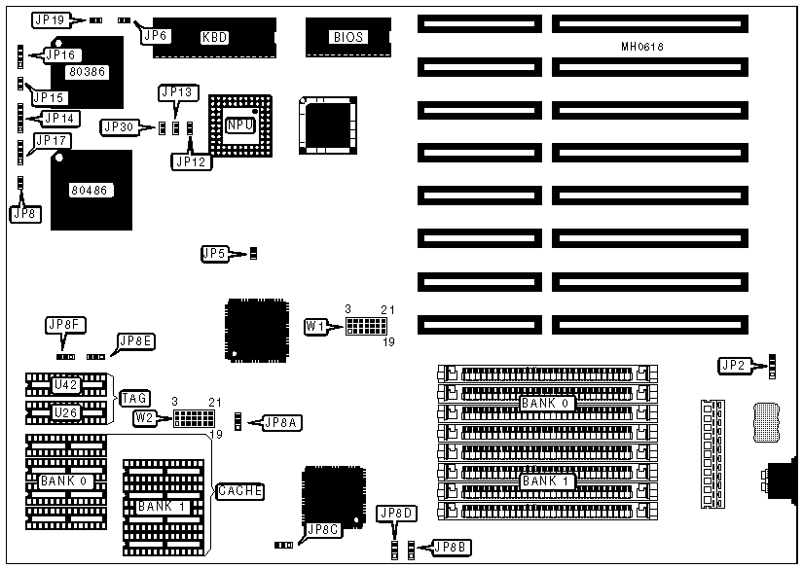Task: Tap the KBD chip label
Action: (214, 38)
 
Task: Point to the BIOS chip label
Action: (347, 38)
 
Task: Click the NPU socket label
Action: (239, 124)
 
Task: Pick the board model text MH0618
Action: (642, 47)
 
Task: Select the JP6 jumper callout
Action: (156, 36)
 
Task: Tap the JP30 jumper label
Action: (121, 126)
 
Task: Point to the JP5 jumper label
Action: (214, 254)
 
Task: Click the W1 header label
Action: (315, 326)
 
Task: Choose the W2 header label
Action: (145, 418)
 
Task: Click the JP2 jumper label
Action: (733, 366)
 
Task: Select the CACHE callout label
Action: (239, 491)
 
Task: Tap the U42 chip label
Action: (65, 385)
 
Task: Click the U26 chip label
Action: (65, 413)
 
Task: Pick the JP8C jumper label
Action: (322, 530)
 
